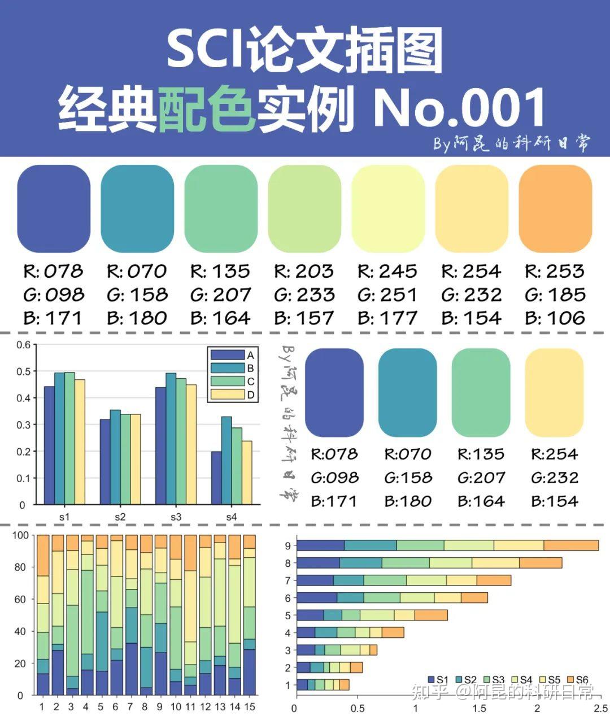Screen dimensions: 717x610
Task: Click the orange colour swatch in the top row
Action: point(555,208)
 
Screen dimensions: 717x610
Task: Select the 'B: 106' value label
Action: point(555,318)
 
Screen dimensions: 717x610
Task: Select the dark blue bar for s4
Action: point(216,478)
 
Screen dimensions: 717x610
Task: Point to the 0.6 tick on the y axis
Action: point(23,345)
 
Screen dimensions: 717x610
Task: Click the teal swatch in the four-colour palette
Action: point(407,392)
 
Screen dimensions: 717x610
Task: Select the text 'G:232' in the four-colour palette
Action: point(554,478)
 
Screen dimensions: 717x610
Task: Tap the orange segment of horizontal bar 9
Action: point(570,545)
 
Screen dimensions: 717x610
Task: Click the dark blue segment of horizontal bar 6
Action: point(316,597)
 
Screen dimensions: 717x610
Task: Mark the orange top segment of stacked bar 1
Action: point(43,556)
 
